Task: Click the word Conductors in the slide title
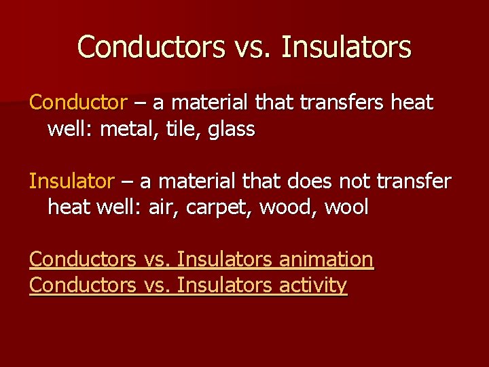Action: pyautogui.click(x=151, y=47)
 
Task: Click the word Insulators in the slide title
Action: pyautogui.click(x=346, y=47)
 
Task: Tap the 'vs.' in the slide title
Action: pyautogui.click(x=253, y=47)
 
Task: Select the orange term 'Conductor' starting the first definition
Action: pyautogui.click(x=78, y=103)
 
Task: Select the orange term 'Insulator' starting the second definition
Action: pyautogui.click(x=72, y=181)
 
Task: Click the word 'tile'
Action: pyautogui.click(x=176, y=128)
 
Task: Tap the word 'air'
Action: pyautogui.click(x=161, y=207)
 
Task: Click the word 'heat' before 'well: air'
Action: pyautogui.click(x=70, y=207)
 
